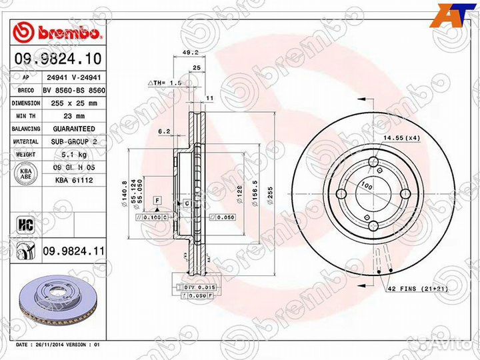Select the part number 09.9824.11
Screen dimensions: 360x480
73,251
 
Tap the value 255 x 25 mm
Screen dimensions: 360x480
73,103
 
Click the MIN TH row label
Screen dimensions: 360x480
26,116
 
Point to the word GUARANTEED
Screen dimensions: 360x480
73,129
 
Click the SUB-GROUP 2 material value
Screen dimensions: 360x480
73,142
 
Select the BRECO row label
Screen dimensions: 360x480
26,90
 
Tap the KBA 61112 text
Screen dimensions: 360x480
73,180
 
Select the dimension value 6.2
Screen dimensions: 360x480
165,131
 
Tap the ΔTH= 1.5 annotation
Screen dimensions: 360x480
165,82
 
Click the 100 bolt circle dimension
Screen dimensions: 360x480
366,183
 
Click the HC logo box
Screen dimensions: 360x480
26,221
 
